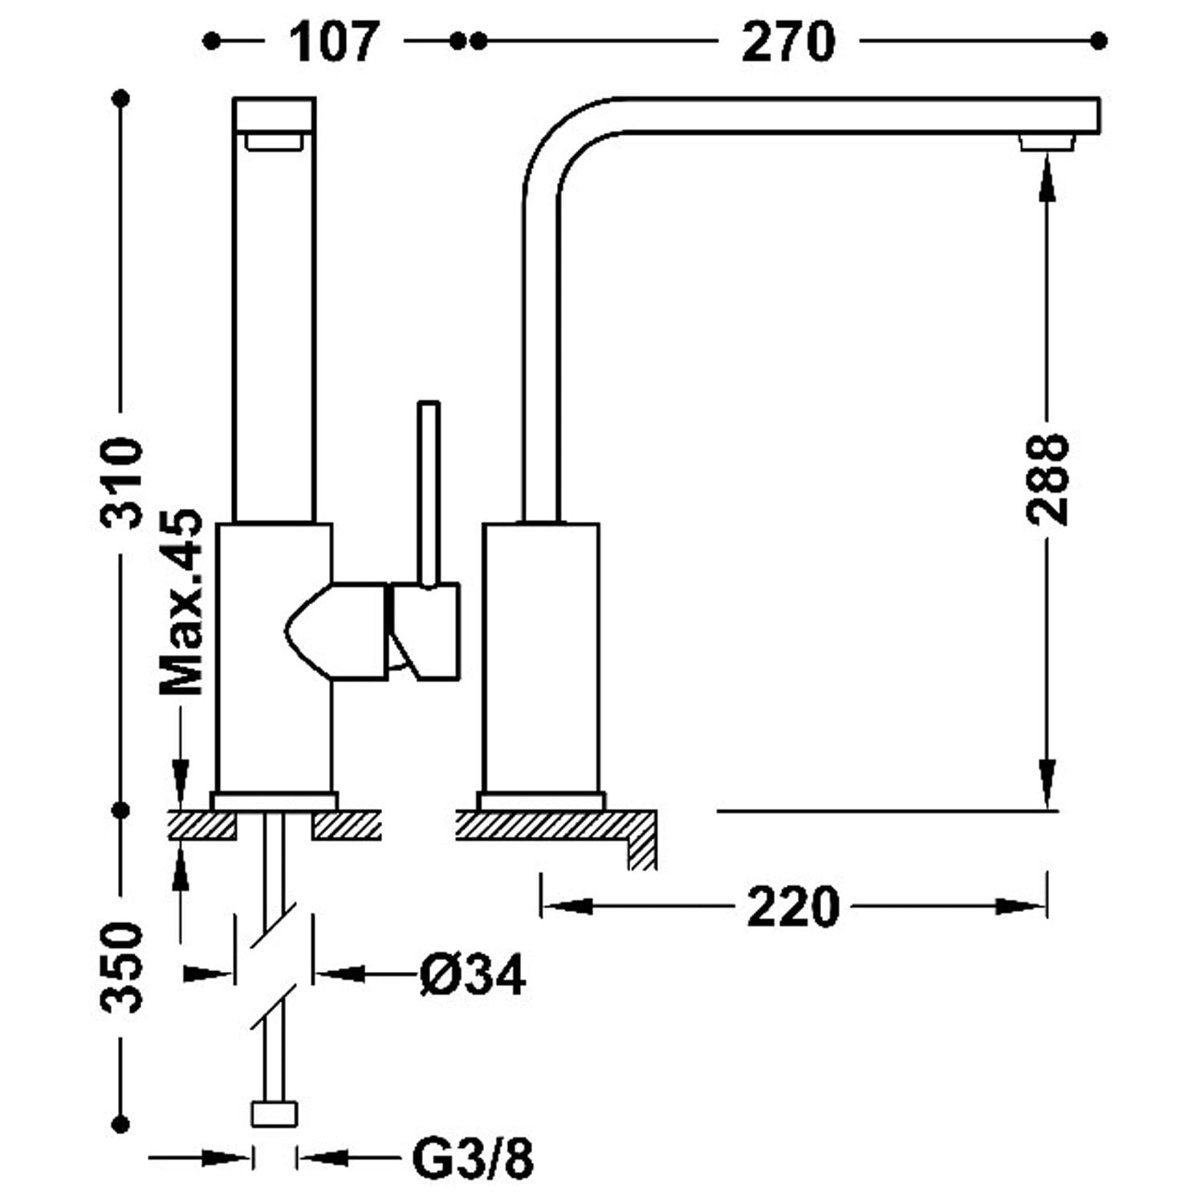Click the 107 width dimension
[x=333, y=42]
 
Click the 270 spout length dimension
[x=788, y=42]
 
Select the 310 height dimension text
[x=122, y=482]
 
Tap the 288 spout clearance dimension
[x=1047, y=479]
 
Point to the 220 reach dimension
[x=793, y=907]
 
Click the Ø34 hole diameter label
[x=472, y=974]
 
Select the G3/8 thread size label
[x=473, y=1157]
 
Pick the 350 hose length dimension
[x=122, y=967]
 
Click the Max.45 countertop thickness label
[x=181, y=602]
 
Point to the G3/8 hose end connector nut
[x=275, y=1113]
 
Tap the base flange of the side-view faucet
[x=541, y=801]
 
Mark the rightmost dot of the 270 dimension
[x=1100, y=40]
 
